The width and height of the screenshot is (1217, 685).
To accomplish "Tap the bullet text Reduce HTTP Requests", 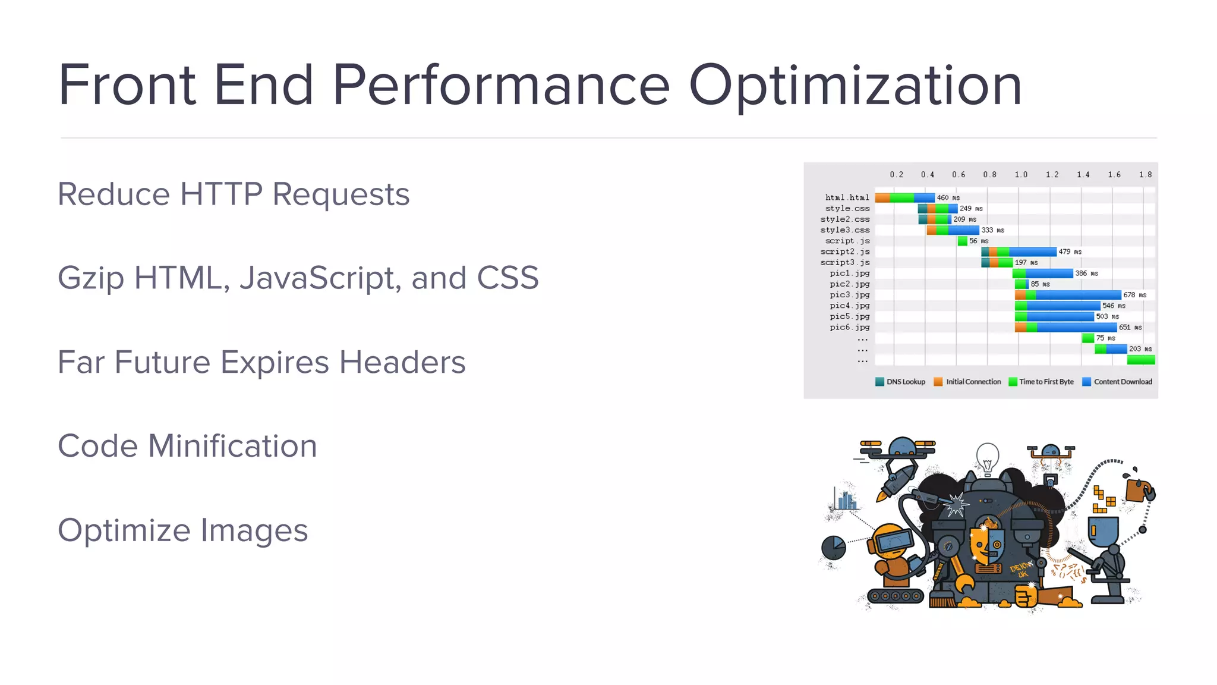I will [234, 194].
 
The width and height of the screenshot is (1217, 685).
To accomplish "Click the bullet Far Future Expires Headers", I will [261, 362].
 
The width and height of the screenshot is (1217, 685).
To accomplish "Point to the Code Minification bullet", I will [187, 446].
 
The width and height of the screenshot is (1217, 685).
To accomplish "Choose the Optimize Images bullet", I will [182, 530].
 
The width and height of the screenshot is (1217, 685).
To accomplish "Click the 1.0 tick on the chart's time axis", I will [1021, 175].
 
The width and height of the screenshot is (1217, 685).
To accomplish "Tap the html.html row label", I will [847, 197].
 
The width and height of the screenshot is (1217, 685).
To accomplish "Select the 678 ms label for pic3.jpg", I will [1134, 295].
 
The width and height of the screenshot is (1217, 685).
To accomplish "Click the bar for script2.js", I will [1019, 252].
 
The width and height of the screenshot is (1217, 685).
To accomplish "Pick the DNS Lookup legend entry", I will [900, 382].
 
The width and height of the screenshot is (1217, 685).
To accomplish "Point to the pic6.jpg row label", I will [849, 328].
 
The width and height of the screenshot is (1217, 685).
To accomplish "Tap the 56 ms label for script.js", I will [979, 241].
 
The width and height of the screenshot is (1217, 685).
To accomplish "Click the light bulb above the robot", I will [988, 457].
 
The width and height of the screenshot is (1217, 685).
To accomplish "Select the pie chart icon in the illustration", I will [833, 548].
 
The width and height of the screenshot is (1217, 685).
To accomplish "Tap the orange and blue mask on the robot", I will [987, 544].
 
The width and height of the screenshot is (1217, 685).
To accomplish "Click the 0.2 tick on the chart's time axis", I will [896, 175].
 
